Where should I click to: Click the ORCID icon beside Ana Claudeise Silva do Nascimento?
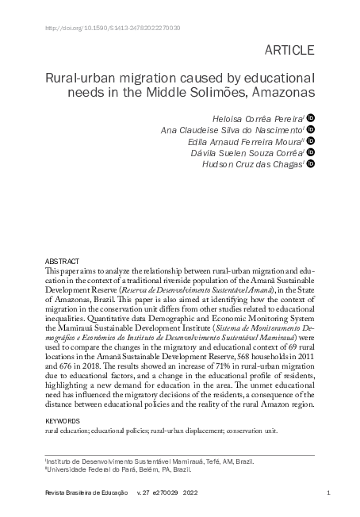[x=311, y=128]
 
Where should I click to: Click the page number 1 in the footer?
[x=327, y=494]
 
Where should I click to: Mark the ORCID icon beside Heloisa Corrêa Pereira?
[x=311, y=116]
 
